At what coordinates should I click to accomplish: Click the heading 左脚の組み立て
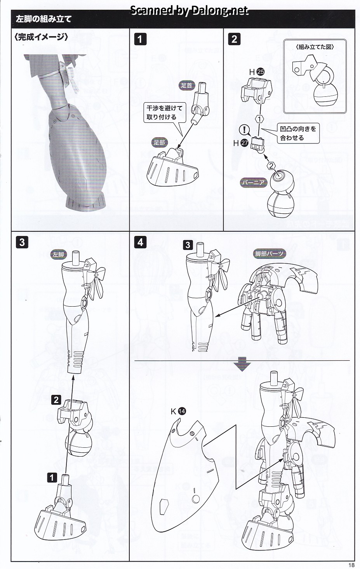43,19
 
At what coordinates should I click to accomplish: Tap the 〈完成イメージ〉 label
42,37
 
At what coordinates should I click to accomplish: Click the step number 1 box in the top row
140,39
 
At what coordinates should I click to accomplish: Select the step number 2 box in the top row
234,39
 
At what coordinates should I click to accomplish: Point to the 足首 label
186,85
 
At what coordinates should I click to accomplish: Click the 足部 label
159,142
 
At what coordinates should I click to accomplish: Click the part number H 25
257,72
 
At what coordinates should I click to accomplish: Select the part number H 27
241,143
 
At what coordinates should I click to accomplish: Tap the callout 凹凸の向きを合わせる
298,133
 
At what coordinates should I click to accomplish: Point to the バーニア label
254,183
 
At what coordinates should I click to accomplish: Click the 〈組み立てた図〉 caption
315,47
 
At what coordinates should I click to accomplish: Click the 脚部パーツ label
269,254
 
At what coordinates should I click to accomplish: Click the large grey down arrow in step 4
242,364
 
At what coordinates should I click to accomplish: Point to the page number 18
351,565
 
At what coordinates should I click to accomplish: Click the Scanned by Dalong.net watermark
189,10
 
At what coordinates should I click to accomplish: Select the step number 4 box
140,242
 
